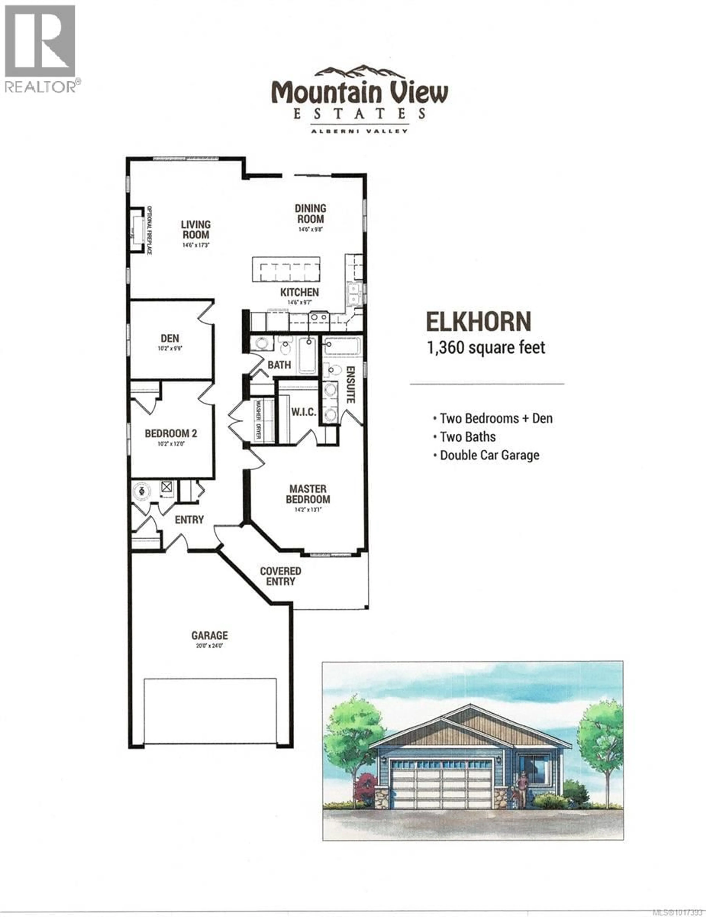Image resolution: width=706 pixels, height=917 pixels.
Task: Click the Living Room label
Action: [x=195, y=230]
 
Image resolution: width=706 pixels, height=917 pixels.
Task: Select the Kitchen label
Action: [x=299, y=292]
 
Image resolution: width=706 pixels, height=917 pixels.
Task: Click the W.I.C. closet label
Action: [x=304, y=412]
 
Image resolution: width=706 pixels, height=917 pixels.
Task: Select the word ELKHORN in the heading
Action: [x=478, y=322]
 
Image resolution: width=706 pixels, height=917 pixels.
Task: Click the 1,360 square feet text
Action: [x=486, y=348]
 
